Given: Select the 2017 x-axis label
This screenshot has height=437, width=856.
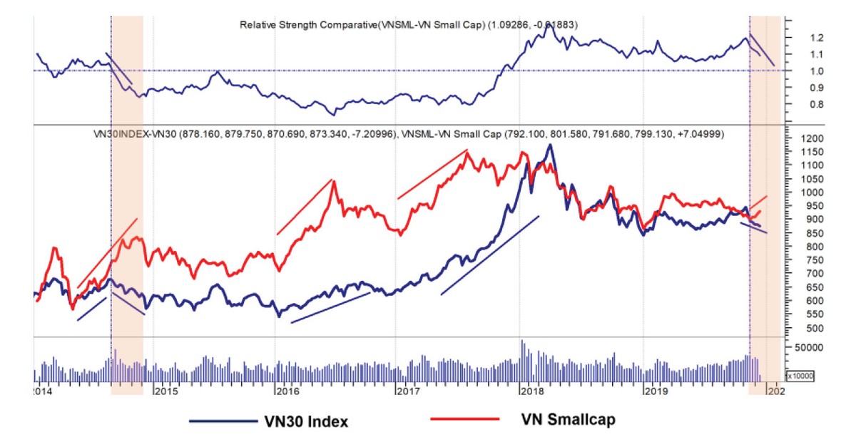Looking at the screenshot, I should [407, 391].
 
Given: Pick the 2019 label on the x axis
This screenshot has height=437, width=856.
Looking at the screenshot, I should [655, 391].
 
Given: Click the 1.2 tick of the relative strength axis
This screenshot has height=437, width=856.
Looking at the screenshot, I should [798, 38].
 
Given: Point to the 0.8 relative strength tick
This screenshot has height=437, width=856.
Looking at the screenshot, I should [798, 105].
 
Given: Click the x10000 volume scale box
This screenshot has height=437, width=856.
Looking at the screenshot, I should [800, 375].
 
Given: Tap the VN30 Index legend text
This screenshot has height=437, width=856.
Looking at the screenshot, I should [302, 421].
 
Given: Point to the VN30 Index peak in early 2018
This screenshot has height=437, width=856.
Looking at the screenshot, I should [549, 145].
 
